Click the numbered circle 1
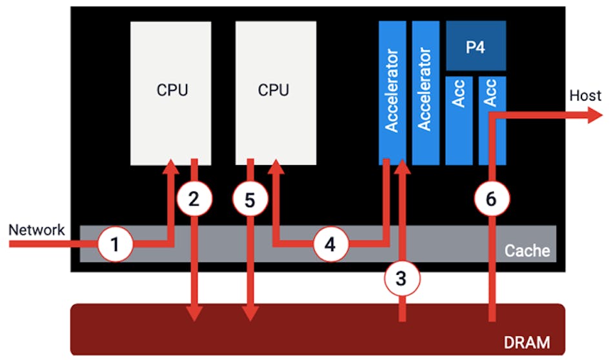(x=115, y=245)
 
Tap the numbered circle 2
(x=194, y=200)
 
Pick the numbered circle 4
(x=330, y=245)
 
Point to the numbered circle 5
(x=250, y=200)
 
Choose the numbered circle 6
(x=490, y=200)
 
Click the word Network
(x=37, y=229)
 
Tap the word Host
(x=585, y=96)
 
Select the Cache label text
(x=527, y=250)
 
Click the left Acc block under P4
(x=459, y=120)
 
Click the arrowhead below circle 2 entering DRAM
(x=194, y=314)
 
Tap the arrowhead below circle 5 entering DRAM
(x=250, y=314)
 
